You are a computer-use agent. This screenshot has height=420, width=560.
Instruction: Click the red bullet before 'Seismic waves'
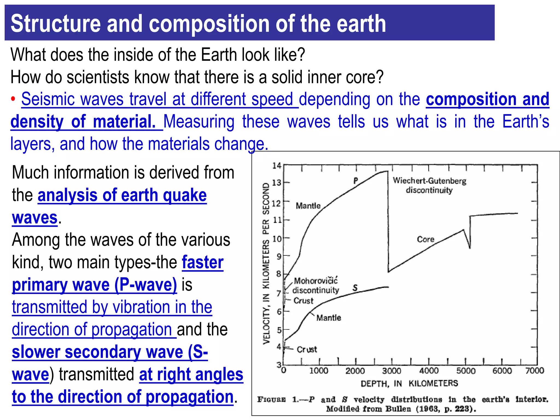[13, 100]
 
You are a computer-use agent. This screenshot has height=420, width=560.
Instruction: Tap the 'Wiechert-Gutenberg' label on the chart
[429, 181]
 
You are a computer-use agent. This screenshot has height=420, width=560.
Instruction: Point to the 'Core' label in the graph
[425, 239]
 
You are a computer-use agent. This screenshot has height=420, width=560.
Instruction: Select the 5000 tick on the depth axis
[466, 371]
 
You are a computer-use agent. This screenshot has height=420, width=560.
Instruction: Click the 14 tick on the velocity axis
[277, 165]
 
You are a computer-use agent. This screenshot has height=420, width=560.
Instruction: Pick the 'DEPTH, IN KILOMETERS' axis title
[409, 383]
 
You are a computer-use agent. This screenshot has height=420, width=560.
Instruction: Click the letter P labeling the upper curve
[355, 181]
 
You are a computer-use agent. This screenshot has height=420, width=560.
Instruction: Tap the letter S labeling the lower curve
[355, 288]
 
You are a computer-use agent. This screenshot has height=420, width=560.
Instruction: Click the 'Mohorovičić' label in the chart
[316, 281]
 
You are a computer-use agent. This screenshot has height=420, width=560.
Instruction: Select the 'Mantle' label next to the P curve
[308, 206]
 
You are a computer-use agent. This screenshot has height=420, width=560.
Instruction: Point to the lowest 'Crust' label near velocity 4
[307, 349]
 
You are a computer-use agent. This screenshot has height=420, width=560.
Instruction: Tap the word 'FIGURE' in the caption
[271, 399]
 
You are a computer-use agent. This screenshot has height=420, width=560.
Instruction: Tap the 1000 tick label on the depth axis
[319, 371]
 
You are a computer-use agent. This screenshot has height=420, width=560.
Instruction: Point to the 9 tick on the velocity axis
[279, 256]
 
